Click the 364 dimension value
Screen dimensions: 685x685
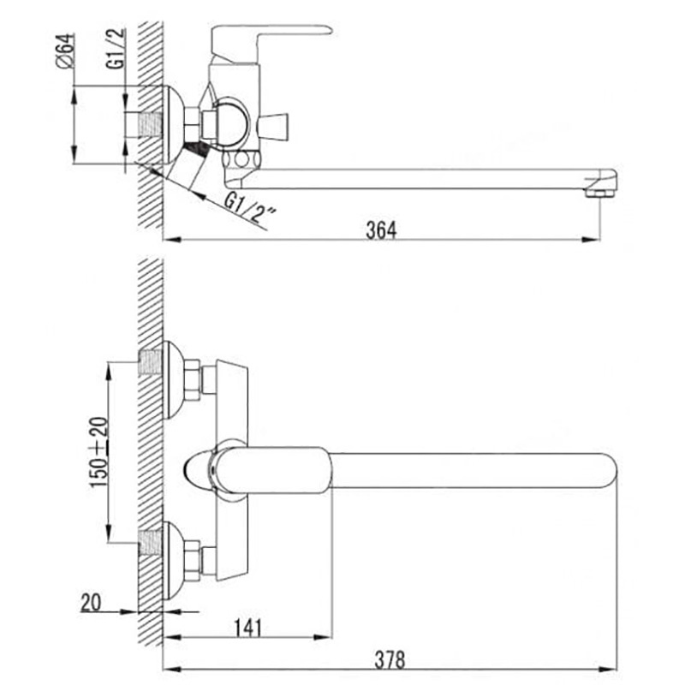pos(381,229)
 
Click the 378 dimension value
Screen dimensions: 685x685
pos(390,659)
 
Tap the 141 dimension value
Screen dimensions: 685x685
pos(247,628)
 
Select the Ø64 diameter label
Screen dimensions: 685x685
pos(66,51)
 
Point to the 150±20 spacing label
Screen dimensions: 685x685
pos(98,452)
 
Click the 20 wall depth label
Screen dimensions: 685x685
pos(91,603)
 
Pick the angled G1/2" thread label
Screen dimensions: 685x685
pos(250,209)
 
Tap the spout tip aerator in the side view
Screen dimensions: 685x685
pos(600,182)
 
